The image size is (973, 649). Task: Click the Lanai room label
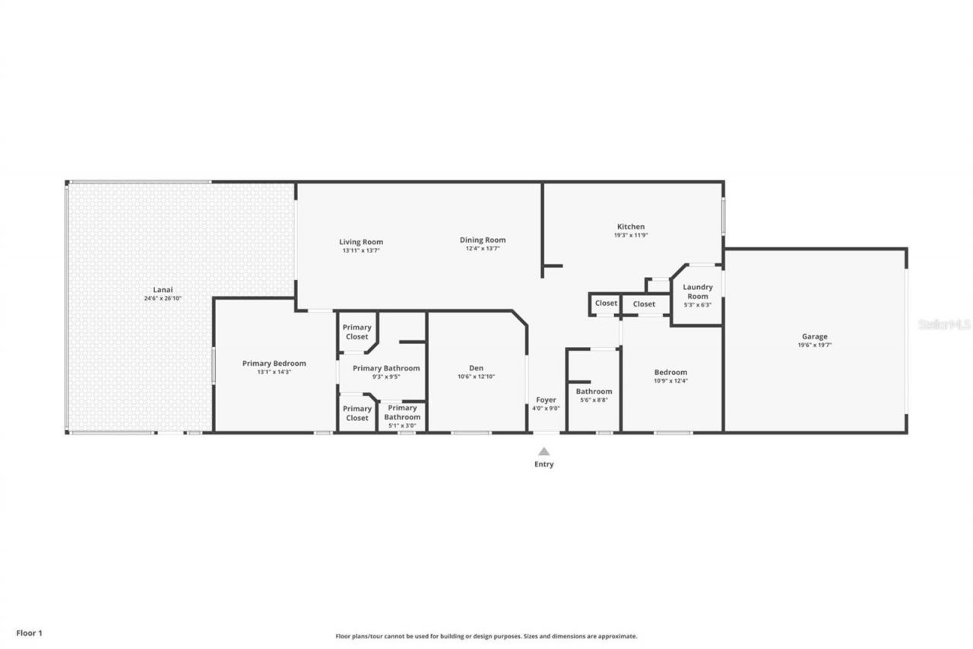(163, 289)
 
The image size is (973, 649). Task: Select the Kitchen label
(630, 227)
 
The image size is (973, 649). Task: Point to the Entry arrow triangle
(544, 451)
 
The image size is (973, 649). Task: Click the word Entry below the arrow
(544, 464)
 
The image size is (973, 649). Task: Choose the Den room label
(477, 367)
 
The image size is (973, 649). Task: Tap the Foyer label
(546, 399)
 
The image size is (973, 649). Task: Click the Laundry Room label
(697, 291)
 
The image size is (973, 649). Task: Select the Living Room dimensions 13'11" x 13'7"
(361, 250)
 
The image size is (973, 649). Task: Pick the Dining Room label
(486, 240)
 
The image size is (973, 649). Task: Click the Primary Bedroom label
(274, 364)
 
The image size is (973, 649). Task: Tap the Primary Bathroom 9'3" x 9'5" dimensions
(386, 377)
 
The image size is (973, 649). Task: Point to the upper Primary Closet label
(357, 332)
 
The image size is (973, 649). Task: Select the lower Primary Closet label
(357, 413)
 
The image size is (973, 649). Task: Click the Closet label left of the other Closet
(606, 304)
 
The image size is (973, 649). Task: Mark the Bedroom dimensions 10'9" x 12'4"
(670, 381)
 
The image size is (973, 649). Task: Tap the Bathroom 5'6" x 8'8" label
(594, 392)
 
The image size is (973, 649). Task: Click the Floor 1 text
(30, 632)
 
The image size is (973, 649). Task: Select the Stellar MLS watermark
(944, 324)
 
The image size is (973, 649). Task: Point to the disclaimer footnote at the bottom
(486, 636)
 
